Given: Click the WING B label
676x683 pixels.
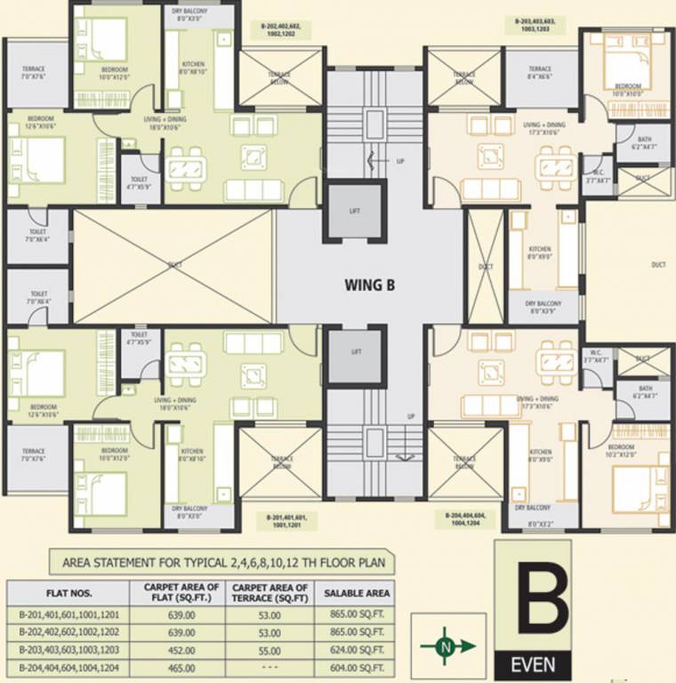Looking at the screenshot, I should [370, 285].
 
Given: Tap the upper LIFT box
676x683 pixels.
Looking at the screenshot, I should [356, 212].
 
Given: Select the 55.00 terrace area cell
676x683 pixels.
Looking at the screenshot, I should [270, 650].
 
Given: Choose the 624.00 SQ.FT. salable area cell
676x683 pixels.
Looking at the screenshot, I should [357, 650].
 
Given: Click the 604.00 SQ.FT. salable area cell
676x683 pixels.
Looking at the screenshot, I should [357, 668].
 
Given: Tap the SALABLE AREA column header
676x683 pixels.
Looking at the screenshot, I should [357, 593].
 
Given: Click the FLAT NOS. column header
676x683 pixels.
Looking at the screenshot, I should [68, 593].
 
